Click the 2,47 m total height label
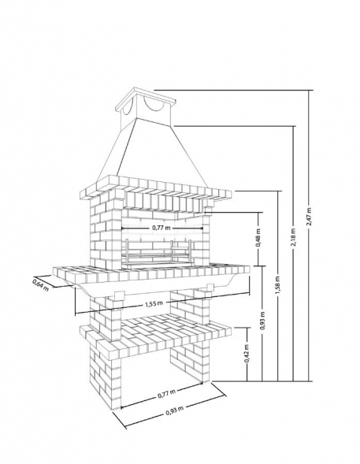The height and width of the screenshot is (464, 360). [x=309, y=217]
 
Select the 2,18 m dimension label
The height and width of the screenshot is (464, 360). [x=293, y=237]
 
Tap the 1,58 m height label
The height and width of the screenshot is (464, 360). [x=277, y=285]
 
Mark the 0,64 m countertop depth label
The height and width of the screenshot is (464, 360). [x=40, y=285]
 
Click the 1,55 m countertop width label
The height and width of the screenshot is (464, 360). [x=154, y=304]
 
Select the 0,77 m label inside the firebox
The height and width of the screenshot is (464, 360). [x=161, y=228]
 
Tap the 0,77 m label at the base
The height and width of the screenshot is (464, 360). [x=166, y=393]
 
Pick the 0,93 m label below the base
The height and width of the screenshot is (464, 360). [x=175, y=410]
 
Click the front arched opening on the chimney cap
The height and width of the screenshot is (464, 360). [x=154, y=105]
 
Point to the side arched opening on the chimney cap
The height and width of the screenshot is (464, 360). [x=128, y=108]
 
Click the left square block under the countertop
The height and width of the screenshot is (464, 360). [x=119, y=296]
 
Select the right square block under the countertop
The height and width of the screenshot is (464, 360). [x=210, y=288]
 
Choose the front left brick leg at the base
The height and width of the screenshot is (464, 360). [x=106, y=376]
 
